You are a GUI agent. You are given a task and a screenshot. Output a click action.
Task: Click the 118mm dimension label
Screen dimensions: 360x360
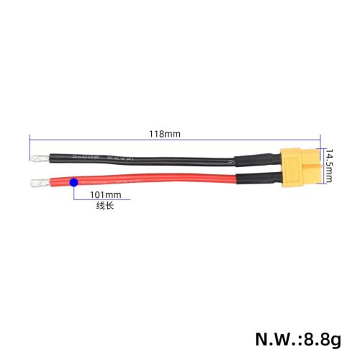(165, 134)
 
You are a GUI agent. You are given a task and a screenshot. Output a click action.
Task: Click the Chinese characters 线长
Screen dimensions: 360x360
(105, 206)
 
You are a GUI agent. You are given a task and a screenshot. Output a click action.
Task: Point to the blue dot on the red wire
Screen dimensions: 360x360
(73, 184)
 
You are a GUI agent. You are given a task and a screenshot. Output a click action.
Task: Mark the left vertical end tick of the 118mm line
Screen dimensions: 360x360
(30, 138)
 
